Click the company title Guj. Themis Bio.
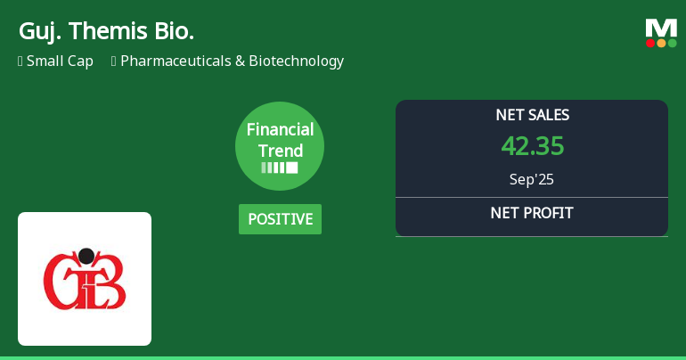pyautogui.click(x=106, y=31)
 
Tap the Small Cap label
pyautogui.click(x=60, y=61)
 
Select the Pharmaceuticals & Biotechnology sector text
pyautogui.click(x=232, y=61)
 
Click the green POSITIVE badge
pyautogui.click(x=280, y=219)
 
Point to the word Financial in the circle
pyautogui.click(x=280, y=129)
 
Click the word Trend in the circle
pyautogui.click(x=280, y=151)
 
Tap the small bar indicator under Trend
pyautogui.click(x=280, y=168)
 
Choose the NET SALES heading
pyautogui.click(x=532, y=115)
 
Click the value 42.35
pyautogui.click(x=532, y=146)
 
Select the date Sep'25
pyautogui.click(x=532, y=179)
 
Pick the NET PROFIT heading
pyautogui.click(x=532, y=213)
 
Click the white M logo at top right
pyautogui.click(x=661, y=28)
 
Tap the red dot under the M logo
pyautogui.click(x=650, y=43)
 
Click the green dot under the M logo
pyautogui.click(x=672, y=43)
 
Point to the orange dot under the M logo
pyautogui.click(x=661, y=43)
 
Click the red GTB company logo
pyautogui.click(x=85, y=279)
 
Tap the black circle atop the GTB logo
pyautogui.click(x=86, y=257)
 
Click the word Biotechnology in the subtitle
pyautogui.click(x=296, y=61)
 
